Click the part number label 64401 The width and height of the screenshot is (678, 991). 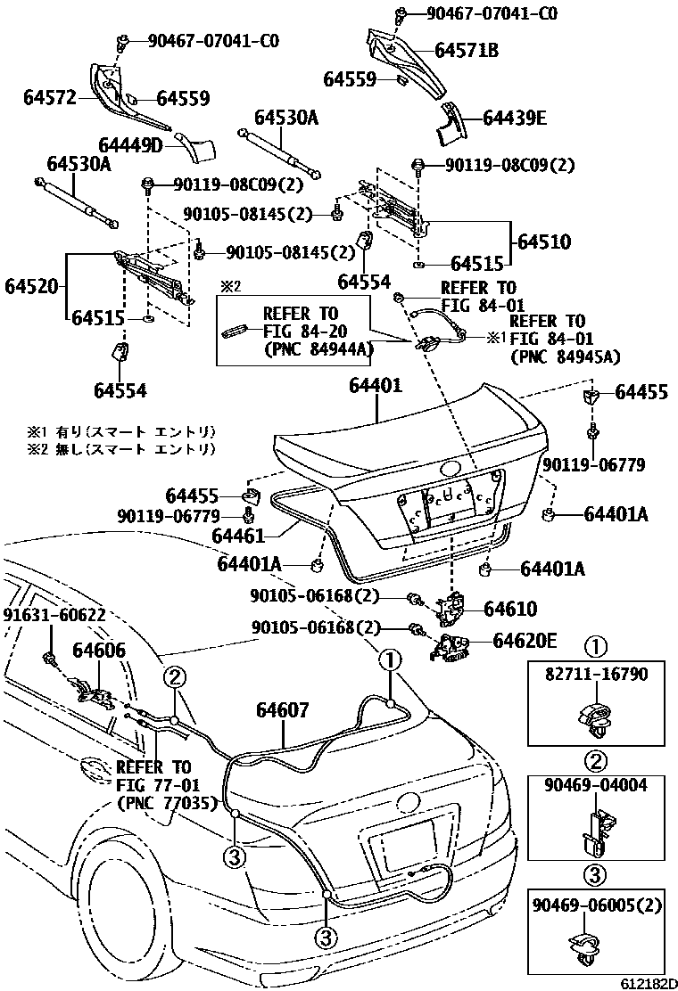(375, 387)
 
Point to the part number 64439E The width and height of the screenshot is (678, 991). (515, 118)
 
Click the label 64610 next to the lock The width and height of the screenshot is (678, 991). (510, 609)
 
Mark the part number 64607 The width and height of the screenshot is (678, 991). (283, 710)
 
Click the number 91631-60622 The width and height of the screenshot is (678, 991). (54, 616)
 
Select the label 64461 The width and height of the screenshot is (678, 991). (240, 535)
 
